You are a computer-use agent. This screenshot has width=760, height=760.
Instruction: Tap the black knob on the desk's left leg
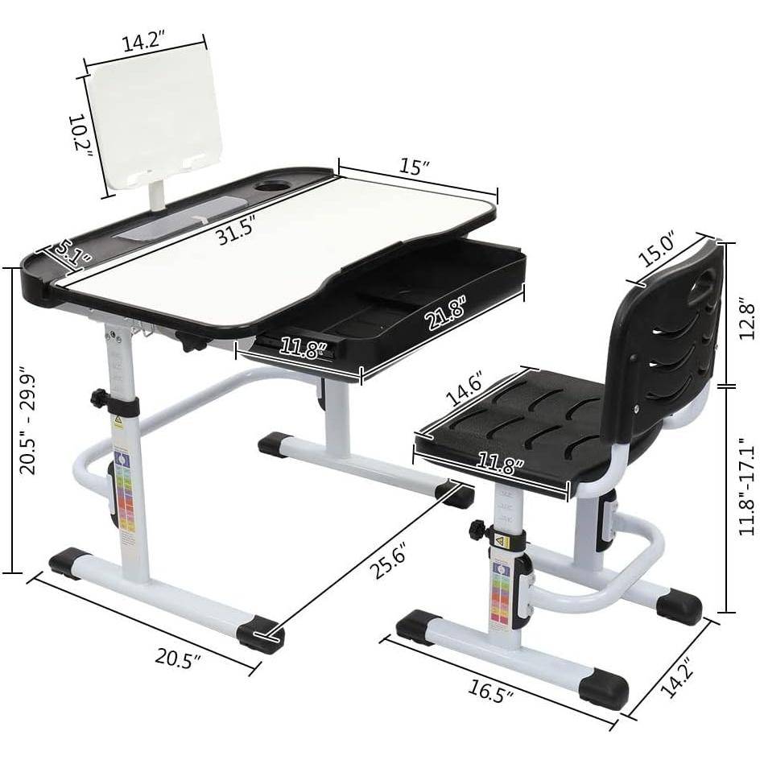click(x=100, y=398)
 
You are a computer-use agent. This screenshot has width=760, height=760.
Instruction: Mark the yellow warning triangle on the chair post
click(x=499, y=542)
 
